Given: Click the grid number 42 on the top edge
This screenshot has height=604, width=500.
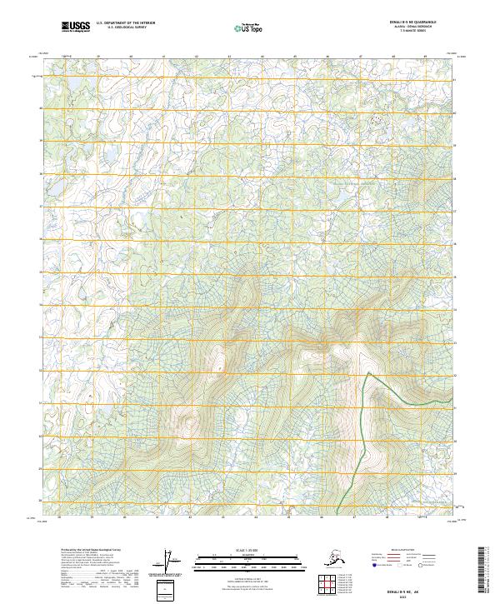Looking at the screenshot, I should (196, 57).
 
